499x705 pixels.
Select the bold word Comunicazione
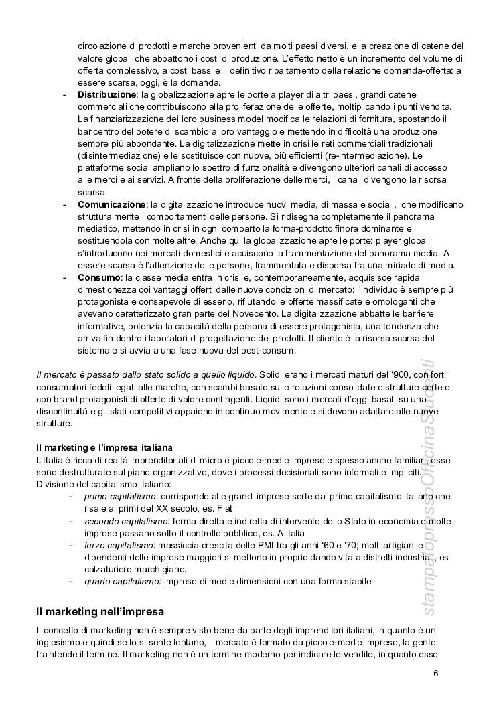[x=112, y=204]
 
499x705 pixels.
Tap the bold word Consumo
[x=98, y=277]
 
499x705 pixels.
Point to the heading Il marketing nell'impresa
[x=100, y=611]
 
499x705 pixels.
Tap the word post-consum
[x=280, y=350]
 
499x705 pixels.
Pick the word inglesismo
[x=60, y=642]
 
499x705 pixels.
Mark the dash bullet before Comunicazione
[x=64, y=204]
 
